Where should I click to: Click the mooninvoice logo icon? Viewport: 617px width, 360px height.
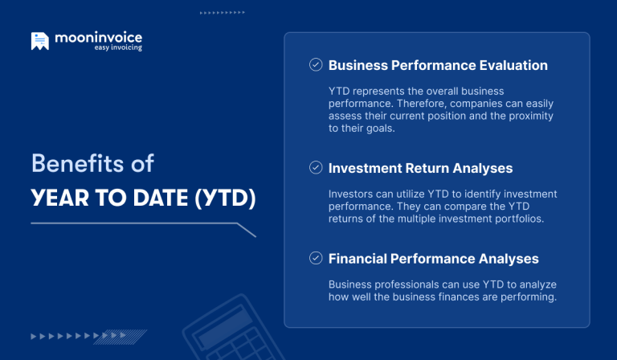[x=39, y=41]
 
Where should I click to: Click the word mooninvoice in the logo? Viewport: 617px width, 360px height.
[x=98, y=38]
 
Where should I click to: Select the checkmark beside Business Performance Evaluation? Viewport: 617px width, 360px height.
[x=316, y=65]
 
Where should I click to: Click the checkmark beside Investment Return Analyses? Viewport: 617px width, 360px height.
[x=316, y=168]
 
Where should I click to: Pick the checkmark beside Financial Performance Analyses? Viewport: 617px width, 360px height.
[x=316, y=258]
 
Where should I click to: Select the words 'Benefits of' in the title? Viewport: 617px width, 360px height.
[x=92, y=163]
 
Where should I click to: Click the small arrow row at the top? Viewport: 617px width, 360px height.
[x=222, y=13]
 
